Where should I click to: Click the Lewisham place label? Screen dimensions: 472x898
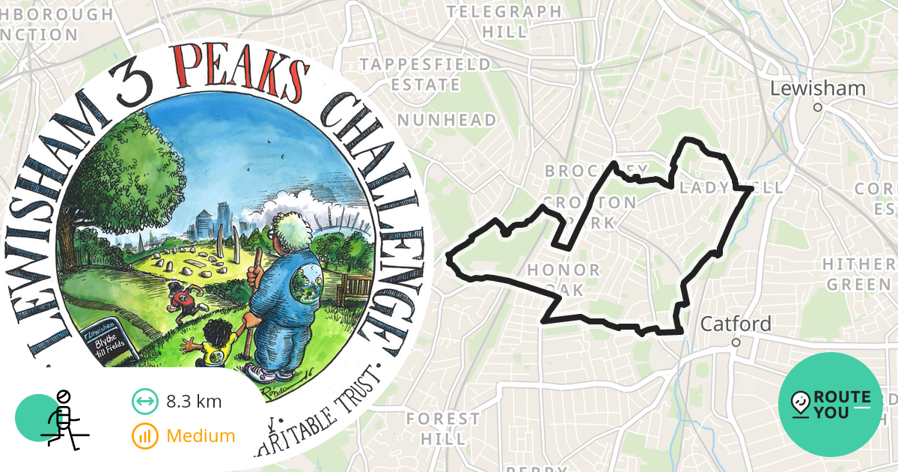[x=818, y=88]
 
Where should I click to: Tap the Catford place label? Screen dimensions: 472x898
[x=736, y=324]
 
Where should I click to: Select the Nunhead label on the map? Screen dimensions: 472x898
[x=447, y=120]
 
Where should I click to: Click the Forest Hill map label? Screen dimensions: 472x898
[x=443, y=428]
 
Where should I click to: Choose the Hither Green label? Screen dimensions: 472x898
[x=858, y=274]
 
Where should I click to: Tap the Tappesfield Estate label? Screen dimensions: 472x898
[x=425, y=74]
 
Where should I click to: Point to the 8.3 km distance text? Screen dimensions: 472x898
[x=194, y=402]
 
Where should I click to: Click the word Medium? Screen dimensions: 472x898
[x=201, y=436]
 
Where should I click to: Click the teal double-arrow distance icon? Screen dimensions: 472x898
[x=144, y=402]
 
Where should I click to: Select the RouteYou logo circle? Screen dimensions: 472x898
[x=831, y=405]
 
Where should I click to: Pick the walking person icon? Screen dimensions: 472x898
[x=64, y=420]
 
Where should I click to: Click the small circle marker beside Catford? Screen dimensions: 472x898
[x=736, y=342]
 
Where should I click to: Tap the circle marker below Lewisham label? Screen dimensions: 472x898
[x=818, y=107]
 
